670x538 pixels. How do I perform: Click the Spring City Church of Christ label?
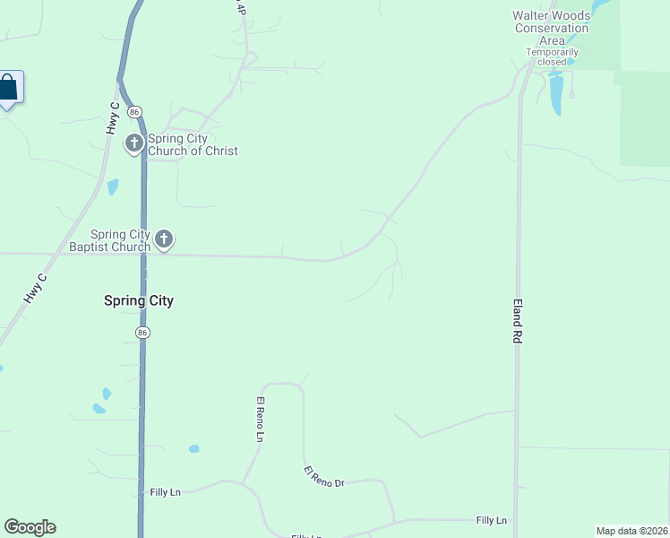193,144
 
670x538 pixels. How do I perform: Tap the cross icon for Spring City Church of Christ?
134,143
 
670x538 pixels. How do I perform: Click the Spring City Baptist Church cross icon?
163,239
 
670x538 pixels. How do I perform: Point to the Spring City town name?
139,301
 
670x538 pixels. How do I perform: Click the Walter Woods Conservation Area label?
551,28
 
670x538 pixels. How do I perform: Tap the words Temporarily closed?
552,56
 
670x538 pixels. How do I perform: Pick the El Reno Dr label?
323,477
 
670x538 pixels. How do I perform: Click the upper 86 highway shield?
133,111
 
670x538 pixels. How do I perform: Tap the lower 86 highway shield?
142,333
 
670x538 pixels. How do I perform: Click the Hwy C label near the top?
113,117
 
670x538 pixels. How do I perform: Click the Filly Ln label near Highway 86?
166,492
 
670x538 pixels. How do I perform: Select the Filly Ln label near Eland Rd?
491,520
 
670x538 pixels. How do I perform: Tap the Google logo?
30,527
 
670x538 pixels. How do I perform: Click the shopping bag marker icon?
8,88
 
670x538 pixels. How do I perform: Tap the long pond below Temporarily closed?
556,94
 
